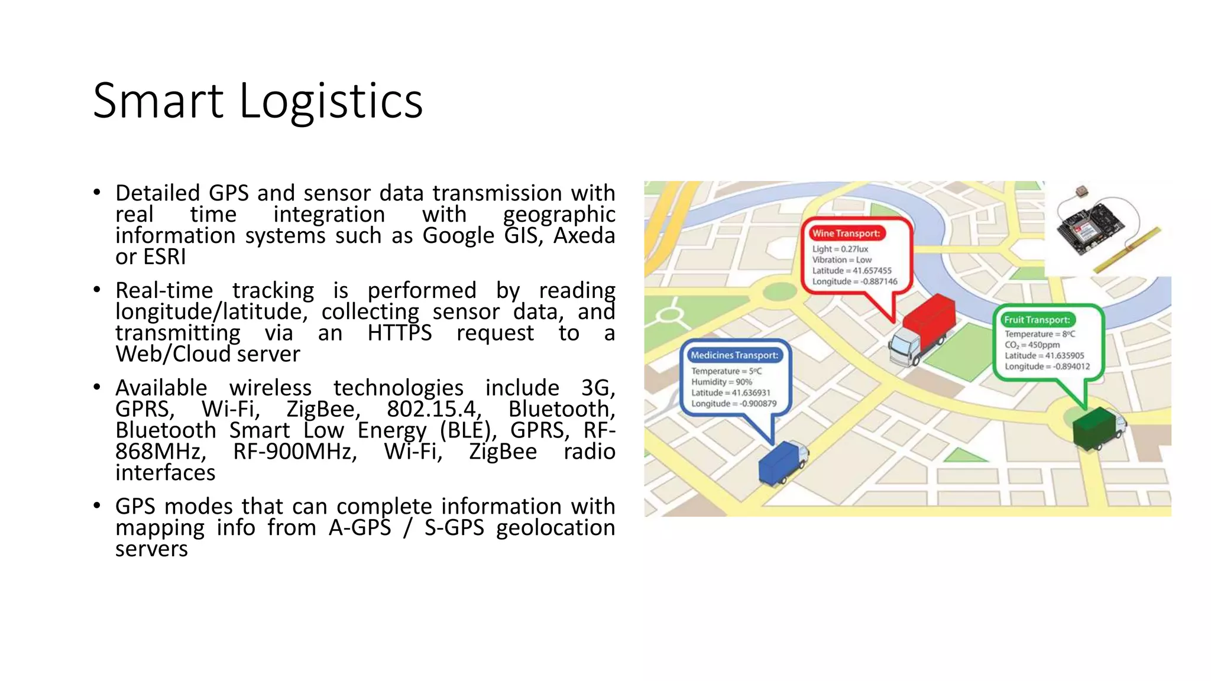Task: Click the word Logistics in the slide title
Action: click(331, 101)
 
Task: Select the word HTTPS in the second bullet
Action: click(400, 333)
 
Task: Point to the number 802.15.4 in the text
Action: click(434, 409)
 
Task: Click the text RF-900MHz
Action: click(295, 452)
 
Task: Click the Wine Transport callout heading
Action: click(846, 234)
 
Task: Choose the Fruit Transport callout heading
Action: click(1037, 320)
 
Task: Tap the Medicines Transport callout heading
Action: click(734, 355)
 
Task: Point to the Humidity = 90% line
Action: click(721, 382)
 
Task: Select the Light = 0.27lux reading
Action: click(840, 249)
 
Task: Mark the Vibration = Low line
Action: click(841, 260)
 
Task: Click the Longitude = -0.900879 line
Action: click(734, 404)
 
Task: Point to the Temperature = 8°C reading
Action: click(1040, 334)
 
